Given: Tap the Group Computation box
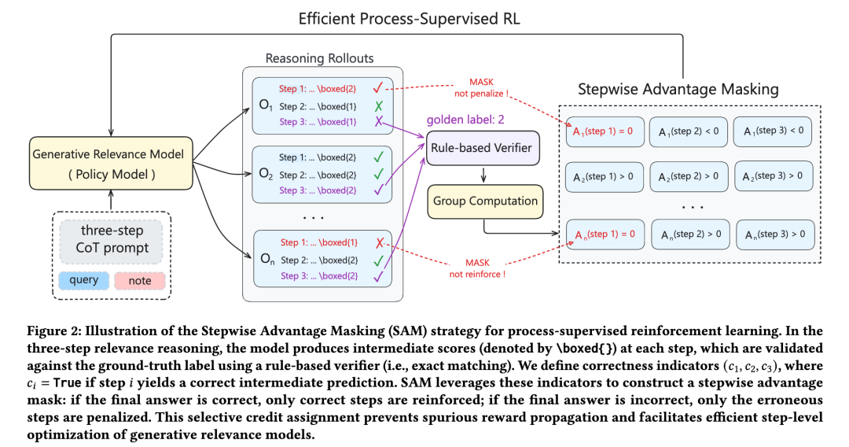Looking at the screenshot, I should (486, 201).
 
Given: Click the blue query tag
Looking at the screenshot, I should (84, 280).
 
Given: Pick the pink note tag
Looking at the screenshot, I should (138, 280).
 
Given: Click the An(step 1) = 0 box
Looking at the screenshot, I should (604, 233).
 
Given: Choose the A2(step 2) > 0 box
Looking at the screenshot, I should (688, 175).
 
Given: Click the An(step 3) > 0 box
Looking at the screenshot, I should (774, 234).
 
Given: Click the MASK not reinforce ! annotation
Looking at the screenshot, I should (477, 268).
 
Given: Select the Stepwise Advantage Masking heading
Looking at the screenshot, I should (678, 89).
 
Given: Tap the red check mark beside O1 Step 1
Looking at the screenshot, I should (378, 88).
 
